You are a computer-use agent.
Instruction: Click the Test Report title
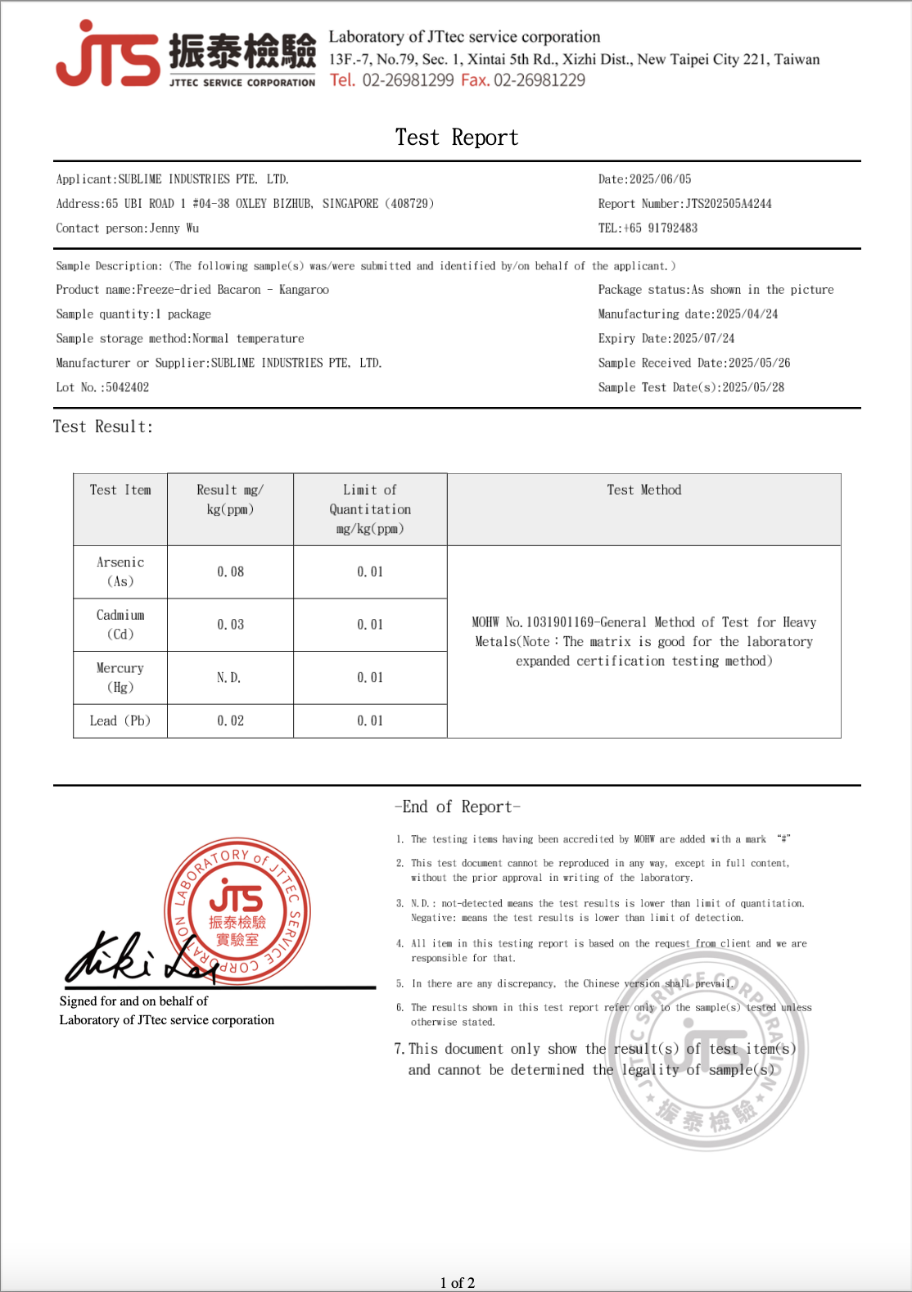coord(457,138)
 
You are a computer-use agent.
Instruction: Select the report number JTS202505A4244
coord(729,204)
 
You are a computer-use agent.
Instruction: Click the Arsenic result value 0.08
coord(230,572)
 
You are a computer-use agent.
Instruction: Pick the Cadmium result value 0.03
coord(230,625)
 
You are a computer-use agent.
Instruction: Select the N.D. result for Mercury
coord(228,678)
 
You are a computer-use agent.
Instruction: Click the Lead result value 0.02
coord(230,721)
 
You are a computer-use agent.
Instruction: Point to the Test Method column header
coord(643,490)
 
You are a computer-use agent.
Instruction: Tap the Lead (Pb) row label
coord(120,721)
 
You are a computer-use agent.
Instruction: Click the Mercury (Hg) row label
coord(120,678)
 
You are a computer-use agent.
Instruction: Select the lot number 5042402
coord(127,388)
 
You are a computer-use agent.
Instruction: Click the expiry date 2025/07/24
coord(703,339)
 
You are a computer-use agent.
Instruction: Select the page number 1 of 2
coord(457,1283)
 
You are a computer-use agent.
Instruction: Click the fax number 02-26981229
coord(540,80)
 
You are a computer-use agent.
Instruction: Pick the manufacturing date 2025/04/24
coord(747,314)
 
